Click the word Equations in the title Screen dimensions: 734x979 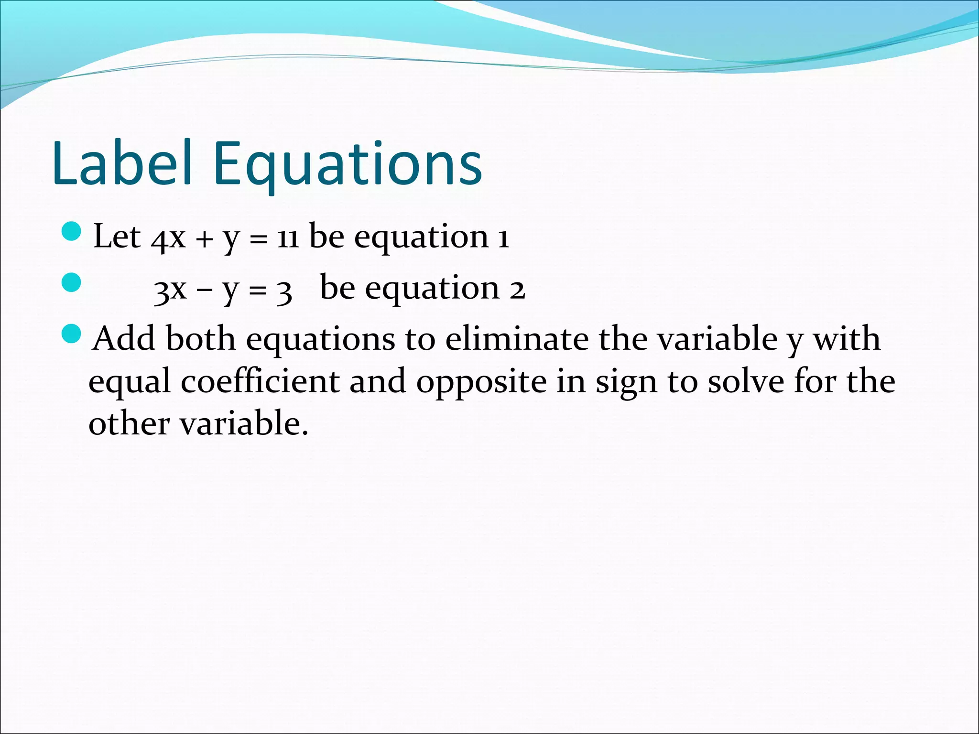348,165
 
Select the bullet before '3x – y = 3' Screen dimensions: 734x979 72,282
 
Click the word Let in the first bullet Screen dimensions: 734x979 117,237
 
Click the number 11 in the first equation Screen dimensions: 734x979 288,238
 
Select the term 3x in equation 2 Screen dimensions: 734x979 170,290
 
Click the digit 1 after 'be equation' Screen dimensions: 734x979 503,238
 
